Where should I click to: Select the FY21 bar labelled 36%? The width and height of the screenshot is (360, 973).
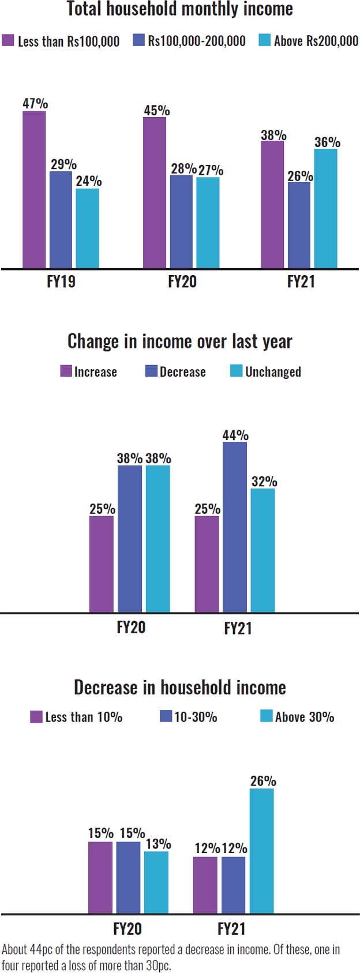point(325,208)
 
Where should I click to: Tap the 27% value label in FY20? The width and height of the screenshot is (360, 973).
point(211,170)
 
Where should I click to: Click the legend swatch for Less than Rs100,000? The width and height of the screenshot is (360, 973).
point(8,40)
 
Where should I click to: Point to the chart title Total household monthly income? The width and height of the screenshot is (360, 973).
point(180,9)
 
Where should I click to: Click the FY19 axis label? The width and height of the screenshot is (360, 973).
point(61,281)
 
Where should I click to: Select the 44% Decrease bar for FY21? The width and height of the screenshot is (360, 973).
point(235,527)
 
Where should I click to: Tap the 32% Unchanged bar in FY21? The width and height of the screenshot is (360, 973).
point(263,550)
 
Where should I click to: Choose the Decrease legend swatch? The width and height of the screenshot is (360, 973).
point(151,371)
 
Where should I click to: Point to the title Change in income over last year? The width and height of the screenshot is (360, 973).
point(180,341)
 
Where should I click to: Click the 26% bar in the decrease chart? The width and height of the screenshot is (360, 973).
point(262,851)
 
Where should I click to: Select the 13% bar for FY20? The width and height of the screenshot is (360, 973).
point(156,882)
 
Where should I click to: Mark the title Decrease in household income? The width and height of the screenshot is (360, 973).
point(180,688)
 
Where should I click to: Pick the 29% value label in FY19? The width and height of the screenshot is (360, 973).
point(63,164)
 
